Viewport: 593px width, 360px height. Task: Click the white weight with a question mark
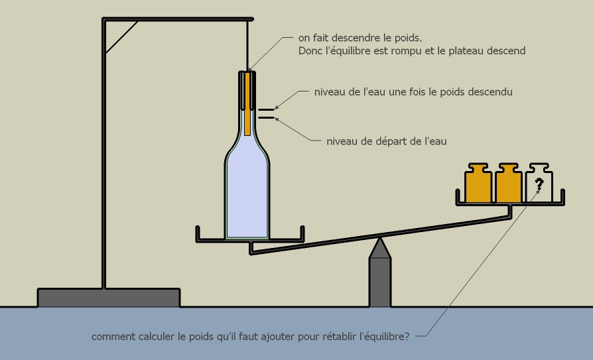539,184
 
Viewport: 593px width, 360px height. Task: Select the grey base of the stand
109,297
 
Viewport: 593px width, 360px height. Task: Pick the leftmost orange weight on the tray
478,184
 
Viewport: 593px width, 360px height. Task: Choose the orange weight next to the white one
509,184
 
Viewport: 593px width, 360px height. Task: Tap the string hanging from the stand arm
247,43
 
